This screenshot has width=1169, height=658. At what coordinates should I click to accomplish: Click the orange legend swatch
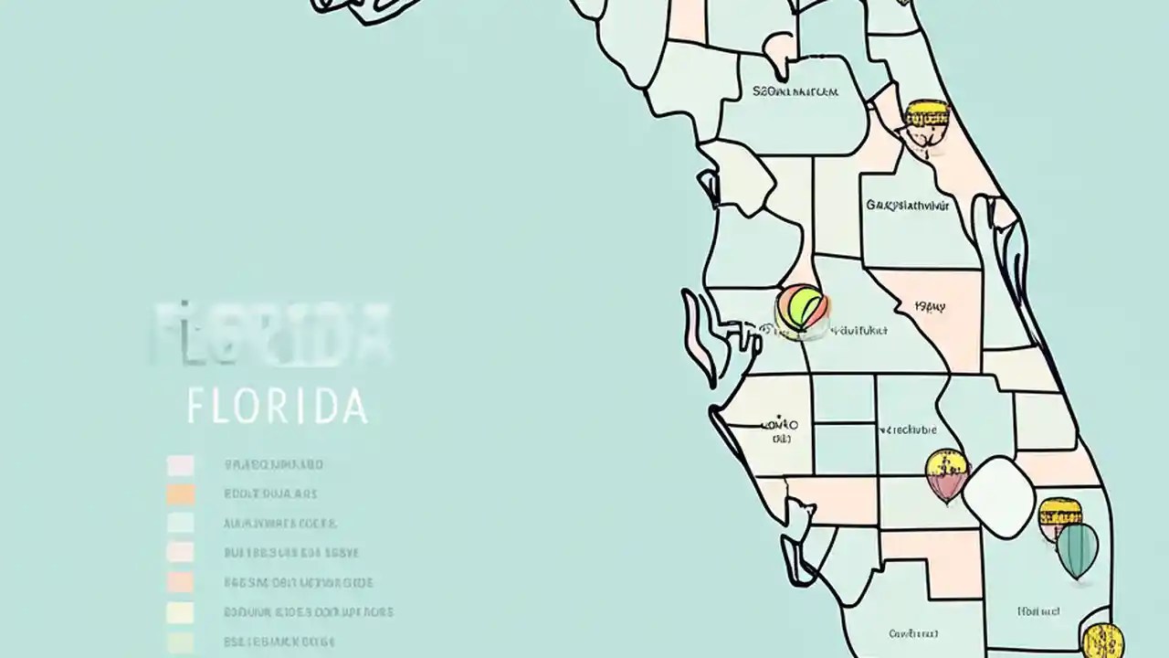click(x=181, y=494)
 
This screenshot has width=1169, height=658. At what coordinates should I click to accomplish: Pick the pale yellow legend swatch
click(x=181, y=612)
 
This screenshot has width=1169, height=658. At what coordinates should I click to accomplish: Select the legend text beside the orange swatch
click(x=270, y=494)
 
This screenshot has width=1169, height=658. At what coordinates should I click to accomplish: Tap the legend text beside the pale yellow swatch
click(x=309, y=612)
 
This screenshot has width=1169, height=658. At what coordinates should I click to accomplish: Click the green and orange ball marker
click(x=803, y=309)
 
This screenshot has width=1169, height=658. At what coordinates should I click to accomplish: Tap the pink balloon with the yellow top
click(x=946, y=474)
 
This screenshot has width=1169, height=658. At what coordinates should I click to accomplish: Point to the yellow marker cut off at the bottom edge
click(x=1102, y=640)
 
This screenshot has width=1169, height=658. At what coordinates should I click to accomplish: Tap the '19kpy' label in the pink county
click(x=930, y=308)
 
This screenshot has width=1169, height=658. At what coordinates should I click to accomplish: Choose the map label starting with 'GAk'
click(x=908, y=206)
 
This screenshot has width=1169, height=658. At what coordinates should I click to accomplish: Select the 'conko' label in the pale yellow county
click(x=779, y=426)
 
